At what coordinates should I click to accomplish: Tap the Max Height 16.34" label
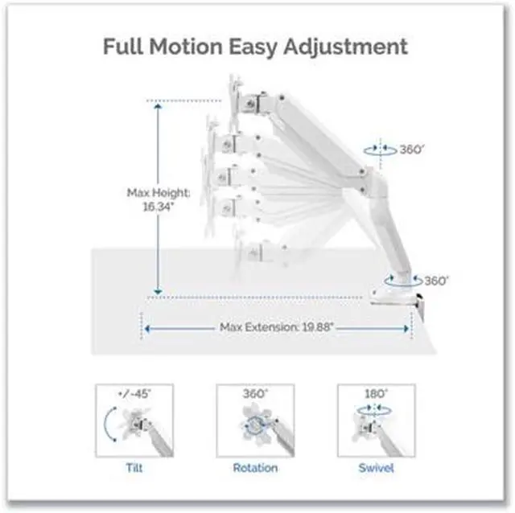point(158,199)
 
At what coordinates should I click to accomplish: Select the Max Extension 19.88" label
point(277,327)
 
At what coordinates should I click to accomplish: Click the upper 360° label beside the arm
point(411,150)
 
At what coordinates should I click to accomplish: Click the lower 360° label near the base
point(435,281)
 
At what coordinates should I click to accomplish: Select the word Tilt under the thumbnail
point(135,467)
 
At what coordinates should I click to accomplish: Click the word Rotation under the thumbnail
point(255,467)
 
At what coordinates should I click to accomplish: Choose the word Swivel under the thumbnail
point(376,467)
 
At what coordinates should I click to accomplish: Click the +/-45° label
point(134,395)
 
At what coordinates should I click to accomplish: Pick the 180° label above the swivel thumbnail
point(376,395)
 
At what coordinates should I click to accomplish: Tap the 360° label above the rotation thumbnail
point(255,395)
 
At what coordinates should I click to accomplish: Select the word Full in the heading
point(123,46)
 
